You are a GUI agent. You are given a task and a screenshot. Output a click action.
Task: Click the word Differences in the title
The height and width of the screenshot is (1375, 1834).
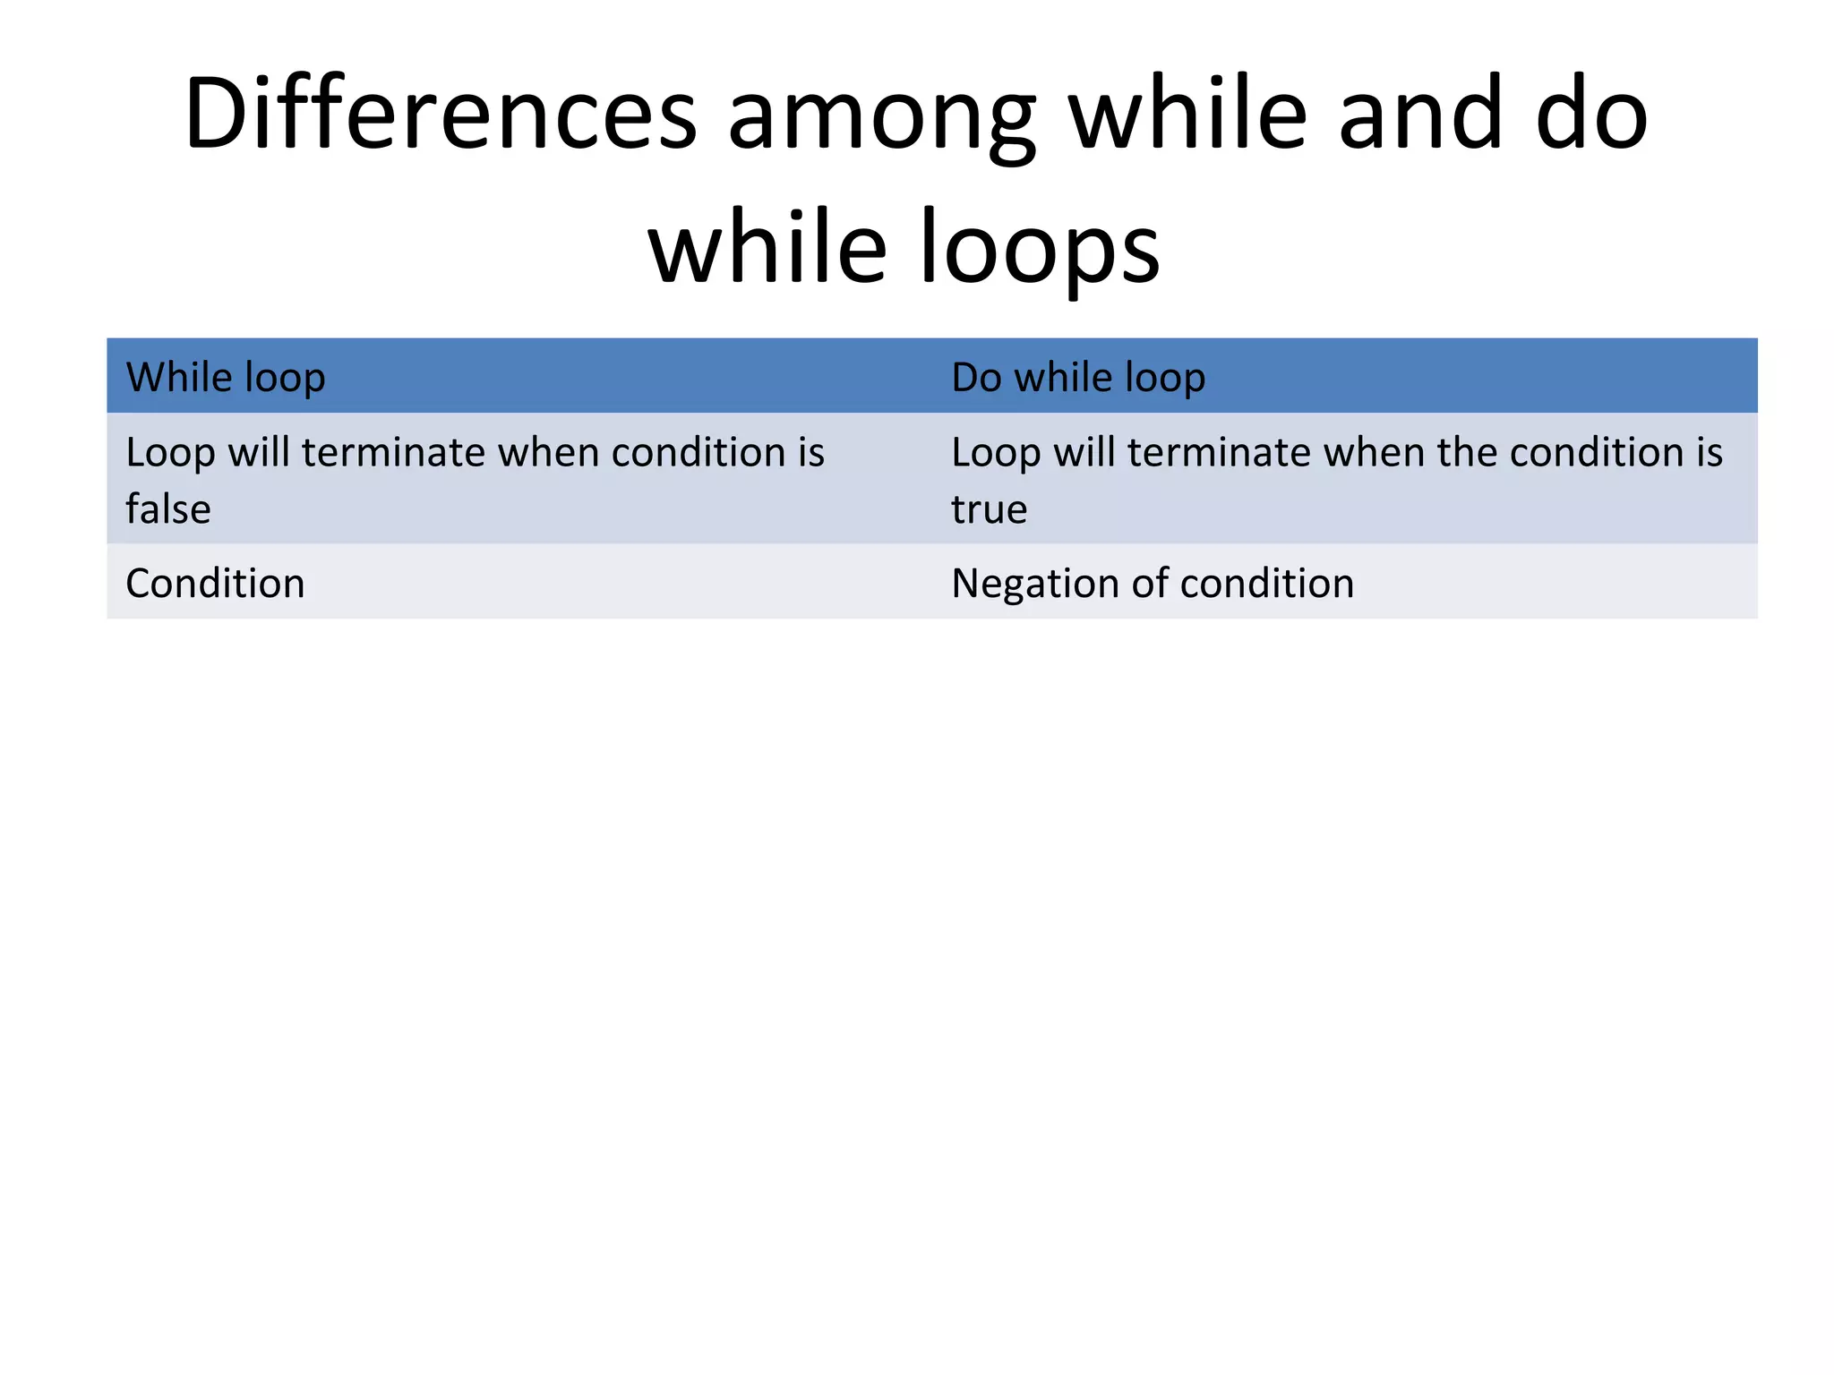click(440, 115)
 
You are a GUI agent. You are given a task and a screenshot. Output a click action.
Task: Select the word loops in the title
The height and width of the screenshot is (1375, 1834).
click(1039, 251)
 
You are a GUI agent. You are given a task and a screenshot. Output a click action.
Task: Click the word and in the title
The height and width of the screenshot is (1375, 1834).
click(1420, 115)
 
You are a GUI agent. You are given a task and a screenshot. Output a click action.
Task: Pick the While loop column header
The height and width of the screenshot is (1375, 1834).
click(226, 378)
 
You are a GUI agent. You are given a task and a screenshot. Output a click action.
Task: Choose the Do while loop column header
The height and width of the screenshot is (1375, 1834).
click(1078, 378)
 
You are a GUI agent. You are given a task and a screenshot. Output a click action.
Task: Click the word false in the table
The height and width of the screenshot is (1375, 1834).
click(168, 509)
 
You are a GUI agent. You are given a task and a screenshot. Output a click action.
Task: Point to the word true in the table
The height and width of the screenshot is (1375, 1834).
click(989, 509)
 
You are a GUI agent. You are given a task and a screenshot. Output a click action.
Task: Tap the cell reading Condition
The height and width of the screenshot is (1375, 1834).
click(215, 584)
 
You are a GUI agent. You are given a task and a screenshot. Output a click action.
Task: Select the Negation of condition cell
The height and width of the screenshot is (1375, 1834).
click(1153, 584)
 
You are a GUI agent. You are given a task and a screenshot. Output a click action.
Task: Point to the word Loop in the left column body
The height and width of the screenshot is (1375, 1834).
click(170, 453)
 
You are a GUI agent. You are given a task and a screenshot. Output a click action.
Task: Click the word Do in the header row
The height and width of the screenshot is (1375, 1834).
click(976, 378)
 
